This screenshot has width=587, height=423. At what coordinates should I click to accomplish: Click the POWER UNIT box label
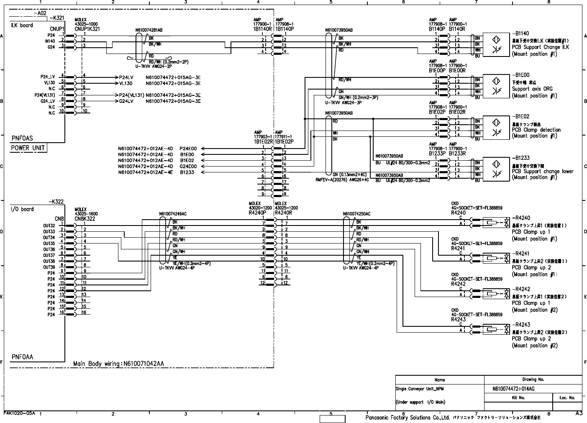[28, 148]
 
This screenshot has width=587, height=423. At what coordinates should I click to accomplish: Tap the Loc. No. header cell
[567, 398]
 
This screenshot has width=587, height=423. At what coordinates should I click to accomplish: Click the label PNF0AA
[23, 357]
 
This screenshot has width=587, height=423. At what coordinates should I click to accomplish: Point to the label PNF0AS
[22, 138]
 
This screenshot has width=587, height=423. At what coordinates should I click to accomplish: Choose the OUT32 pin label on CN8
[49, 226]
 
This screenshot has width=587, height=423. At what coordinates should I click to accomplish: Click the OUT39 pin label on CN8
[49, 267]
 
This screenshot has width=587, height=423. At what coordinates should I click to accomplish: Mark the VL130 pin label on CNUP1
[49, 83]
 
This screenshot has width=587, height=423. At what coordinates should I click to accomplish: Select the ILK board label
[22, 25]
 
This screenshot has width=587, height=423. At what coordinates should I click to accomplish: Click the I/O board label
[22, 209]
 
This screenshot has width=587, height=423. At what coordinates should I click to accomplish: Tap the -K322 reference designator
[56, 202]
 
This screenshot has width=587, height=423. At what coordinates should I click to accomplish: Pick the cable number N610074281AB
[149, 30]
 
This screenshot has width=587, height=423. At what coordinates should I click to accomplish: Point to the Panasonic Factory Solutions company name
[407, 418]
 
